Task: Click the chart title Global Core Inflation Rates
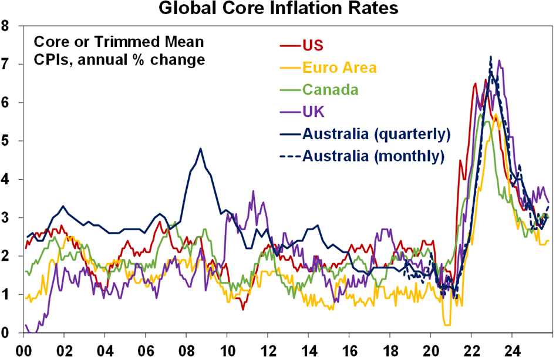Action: click(x=277, y=9)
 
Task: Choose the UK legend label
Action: click(x=313, y=111)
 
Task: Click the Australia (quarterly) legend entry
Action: click(x=376, y=133)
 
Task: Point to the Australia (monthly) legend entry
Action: click(x=373, y=156)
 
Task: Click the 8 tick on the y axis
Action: click(x=6, y=26)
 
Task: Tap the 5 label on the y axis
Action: click(x=6, y=141)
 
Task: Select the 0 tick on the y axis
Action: click(x=6, y=333)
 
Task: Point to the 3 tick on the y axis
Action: click(x=6, y=218)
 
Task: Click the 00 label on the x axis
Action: click(x=23, y=348)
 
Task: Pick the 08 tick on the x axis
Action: click(x=186, y=348)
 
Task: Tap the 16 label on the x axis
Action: click(x=349, y=348)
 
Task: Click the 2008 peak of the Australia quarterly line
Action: click(x=201, y=149)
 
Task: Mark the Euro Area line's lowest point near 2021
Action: click(x=447, y=324)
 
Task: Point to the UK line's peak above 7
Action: click(x=499, y=60)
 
